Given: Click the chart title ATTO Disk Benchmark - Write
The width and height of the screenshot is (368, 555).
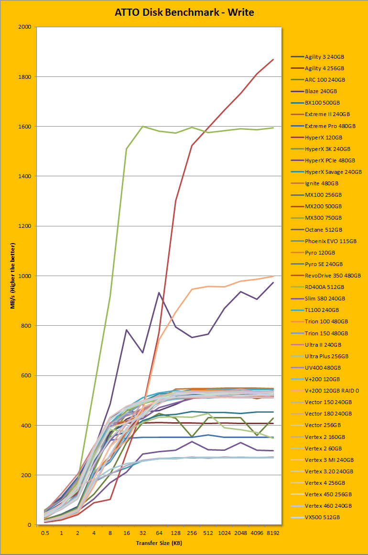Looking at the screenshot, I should (184, 12).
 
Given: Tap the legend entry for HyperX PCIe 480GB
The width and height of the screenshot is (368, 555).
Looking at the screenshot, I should (330, 160).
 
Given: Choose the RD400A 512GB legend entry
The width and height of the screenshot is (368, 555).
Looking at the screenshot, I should (324, 287).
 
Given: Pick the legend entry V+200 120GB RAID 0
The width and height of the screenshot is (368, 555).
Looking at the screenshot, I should (331, 391).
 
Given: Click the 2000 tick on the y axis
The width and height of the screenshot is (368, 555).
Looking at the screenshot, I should (24, 27).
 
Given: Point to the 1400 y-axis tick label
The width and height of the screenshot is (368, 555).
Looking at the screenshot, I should (24, 177).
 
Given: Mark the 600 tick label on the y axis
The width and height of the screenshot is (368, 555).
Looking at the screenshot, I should (25, 376).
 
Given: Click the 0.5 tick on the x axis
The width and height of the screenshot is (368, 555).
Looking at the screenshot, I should (45, 533).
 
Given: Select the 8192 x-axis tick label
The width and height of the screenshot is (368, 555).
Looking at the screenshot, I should (273, 533).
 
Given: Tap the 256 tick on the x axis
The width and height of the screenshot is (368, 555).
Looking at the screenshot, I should (192, 533).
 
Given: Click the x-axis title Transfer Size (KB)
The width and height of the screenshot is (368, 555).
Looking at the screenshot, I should (159, 543).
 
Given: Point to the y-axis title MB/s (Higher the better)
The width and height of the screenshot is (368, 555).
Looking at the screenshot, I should (13, 276).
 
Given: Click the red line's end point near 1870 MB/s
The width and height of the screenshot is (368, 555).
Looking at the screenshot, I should (273, 60).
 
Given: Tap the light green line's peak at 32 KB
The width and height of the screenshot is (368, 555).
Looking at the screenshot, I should (143, 127).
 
